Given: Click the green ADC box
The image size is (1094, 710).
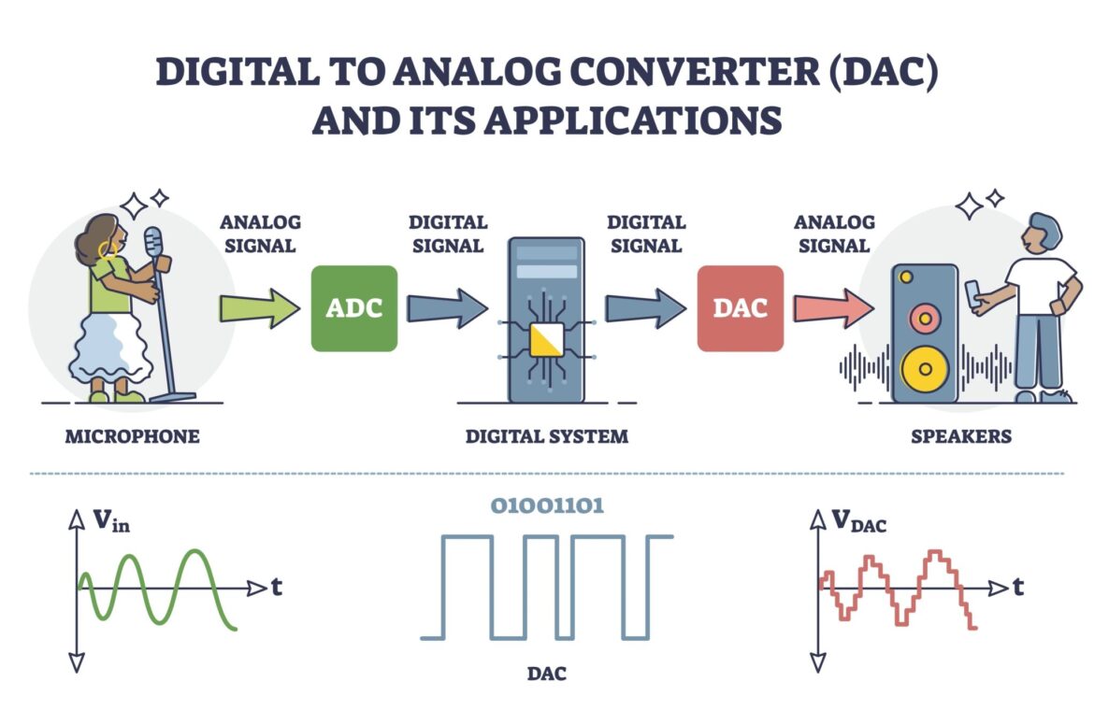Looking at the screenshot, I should pos(353,308).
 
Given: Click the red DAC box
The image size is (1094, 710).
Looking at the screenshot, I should pos(741,308).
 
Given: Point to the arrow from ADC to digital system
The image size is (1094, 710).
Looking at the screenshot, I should pos(447,308).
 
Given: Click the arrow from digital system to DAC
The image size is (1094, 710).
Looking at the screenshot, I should pos(645,308).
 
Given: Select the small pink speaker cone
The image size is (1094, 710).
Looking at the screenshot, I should pos(924,318).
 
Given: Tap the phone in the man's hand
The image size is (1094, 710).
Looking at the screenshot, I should pos(973,291).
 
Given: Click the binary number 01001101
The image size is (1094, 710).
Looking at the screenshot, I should pos(547,506).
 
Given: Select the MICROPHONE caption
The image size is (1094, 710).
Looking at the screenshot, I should pos(132,436).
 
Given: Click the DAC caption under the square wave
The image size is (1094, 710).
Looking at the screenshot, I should pos(547,673).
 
